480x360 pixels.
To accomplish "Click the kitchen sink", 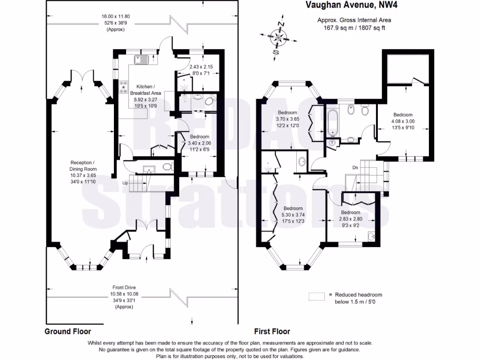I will [x=140, y=60].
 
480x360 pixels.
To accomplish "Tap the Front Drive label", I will [x=124, y=287].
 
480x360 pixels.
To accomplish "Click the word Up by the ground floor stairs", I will [x=125, y=183].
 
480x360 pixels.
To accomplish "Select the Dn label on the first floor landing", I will [x=355, y=167].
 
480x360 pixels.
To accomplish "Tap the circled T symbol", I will [x=332, y=142].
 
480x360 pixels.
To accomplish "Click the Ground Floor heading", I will [x=67, y=331].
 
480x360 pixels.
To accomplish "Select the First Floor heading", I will [x=272, y=331].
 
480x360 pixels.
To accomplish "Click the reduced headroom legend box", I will [x=317, y=296].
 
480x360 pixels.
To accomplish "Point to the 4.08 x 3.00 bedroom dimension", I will [x=403, y=121].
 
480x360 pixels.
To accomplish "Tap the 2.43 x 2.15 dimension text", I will [x=201, y=67].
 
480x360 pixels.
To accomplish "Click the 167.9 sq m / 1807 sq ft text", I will [x=354, y=27].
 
